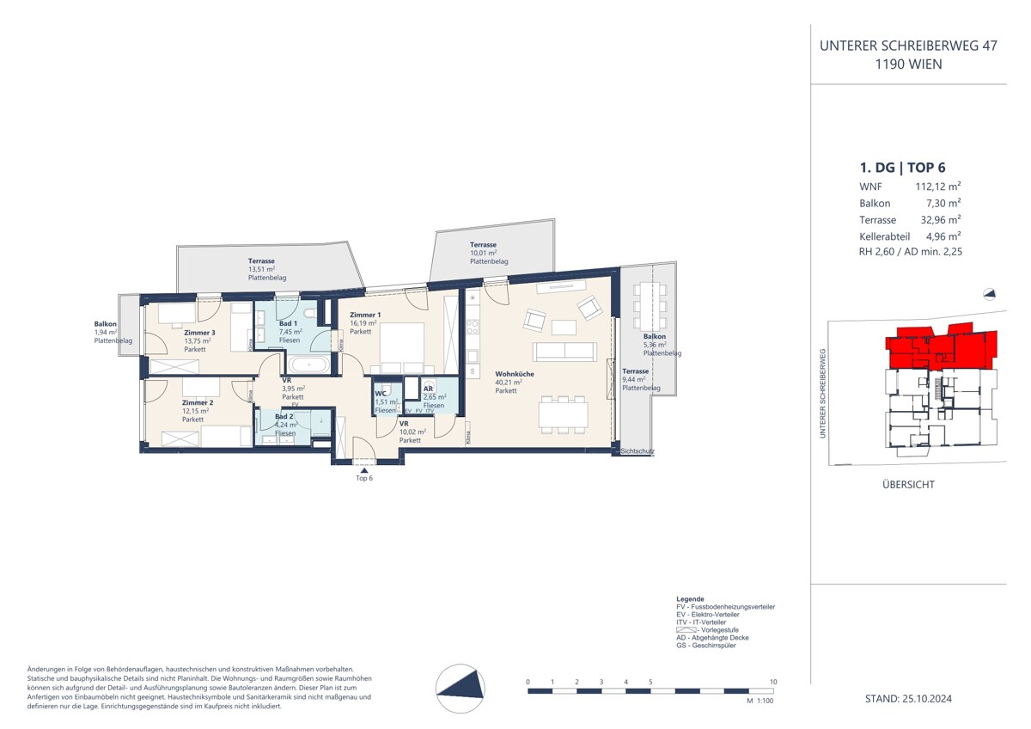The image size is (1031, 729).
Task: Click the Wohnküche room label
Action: point(514,374)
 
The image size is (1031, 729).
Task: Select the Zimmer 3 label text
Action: point(199,333)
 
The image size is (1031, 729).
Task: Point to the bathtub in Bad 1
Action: point(306,365)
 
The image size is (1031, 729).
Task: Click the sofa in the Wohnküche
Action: point(564,351)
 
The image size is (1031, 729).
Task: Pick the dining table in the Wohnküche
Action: point(564,414)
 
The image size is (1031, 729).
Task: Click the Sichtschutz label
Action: point(638,450)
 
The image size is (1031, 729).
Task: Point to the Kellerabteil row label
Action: point(884,236)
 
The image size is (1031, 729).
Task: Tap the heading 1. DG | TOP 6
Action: point(897,168)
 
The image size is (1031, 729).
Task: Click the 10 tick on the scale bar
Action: point(773,682)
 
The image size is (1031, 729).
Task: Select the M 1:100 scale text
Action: point(761,701)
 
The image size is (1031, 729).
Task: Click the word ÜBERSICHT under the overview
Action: point(909,486)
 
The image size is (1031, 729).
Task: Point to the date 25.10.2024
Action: point(927,699)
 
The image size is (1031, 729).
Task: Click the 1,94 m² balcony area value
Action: point(106,333)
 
